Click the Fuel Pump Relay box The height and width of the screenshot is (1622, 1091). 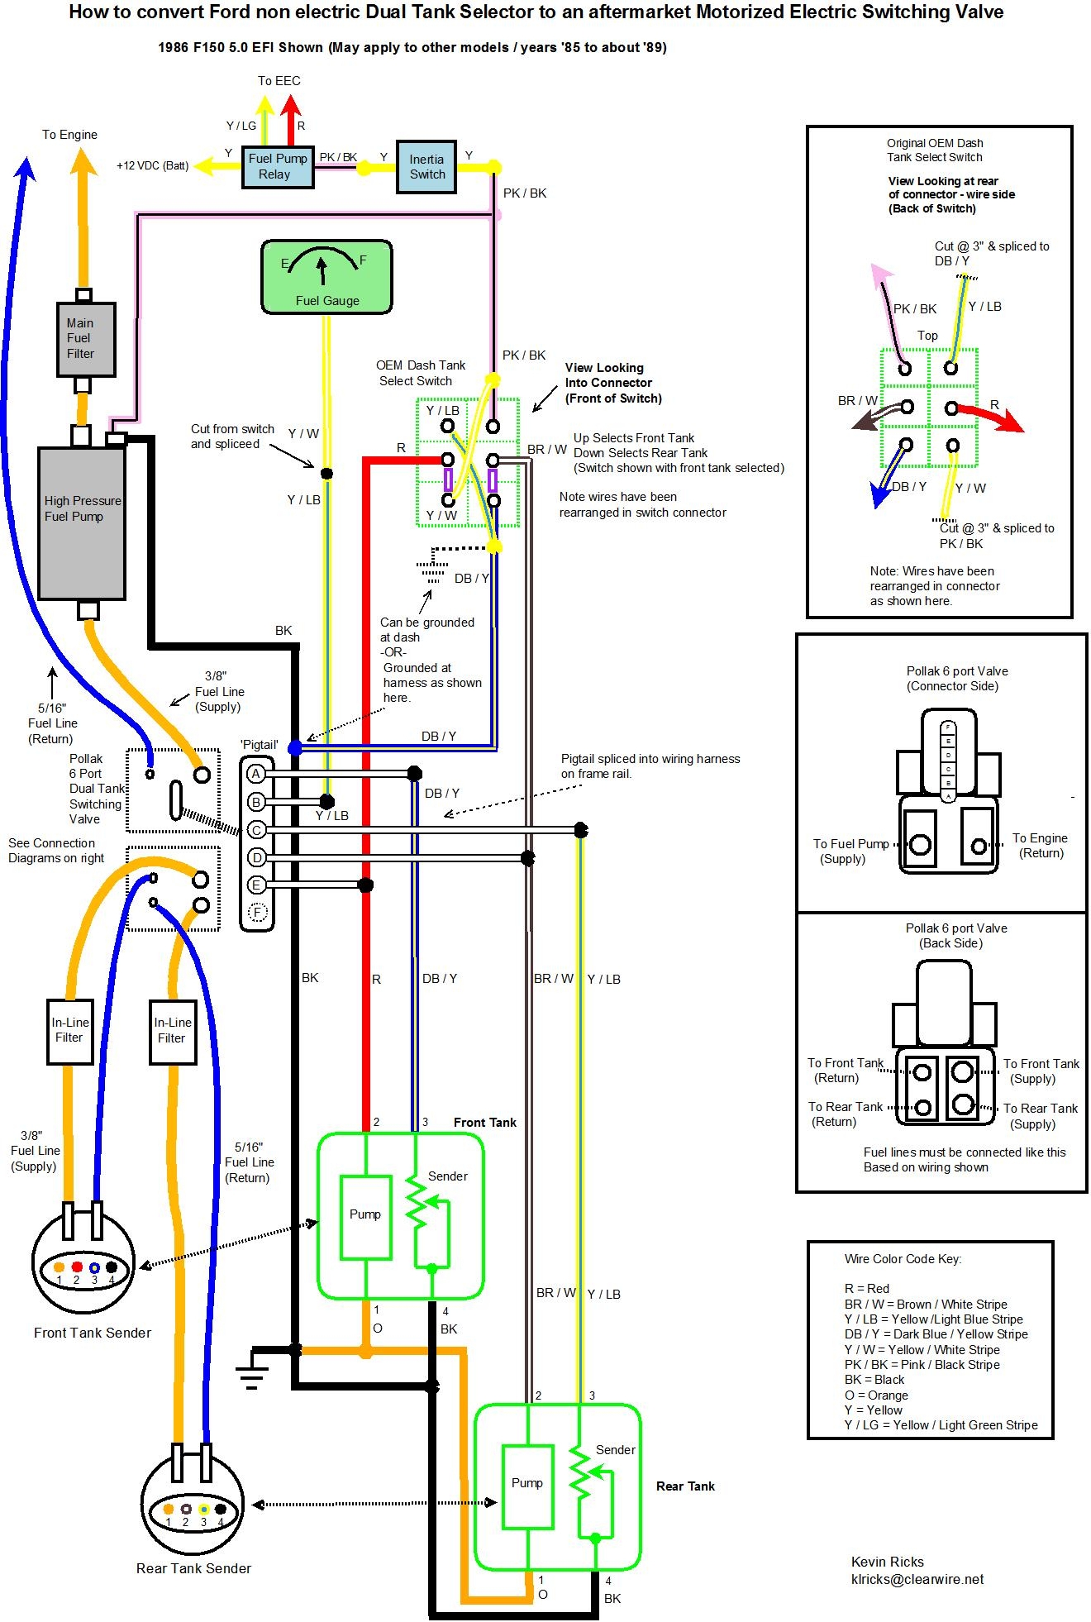tap(277, 166)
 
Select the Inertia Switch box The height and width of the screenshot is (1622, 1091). tap(426, 167)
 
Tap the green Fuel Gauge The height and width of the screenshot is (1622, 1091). tap(326, 277)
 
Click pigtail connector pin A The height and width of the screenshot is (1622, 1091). tap(256, 774)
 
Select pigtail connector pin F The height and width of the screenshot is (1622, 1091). tap(257, 913)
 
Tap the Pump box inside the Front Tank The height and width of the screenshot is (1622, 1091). tap(365, 1215)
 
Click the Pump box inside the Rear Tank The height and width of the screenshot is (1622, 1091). tap(527, 1486)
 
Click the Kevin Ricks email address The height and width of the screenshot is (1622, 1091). tap(917, 1579)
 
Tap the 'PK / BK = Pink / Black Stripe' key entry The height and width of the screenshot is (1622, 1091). tap(922, 1365)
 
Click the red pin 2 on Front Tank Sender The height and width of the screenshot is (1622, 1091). tap(77, 1267)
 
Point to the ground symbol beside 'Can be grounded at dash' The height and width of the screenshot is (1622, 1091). tap(431, 570)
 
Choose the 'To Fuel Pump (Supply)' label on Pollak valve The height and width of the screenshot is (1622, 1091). tap(850, 851)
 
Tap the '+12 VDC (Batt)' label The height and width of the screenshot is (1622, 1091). tap(152, 165)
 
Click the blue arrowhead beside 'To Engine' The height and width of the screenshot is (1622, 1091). tap(24, 168)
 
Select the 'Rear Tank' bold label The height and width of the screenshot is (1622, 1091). tap(685, 1486)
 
